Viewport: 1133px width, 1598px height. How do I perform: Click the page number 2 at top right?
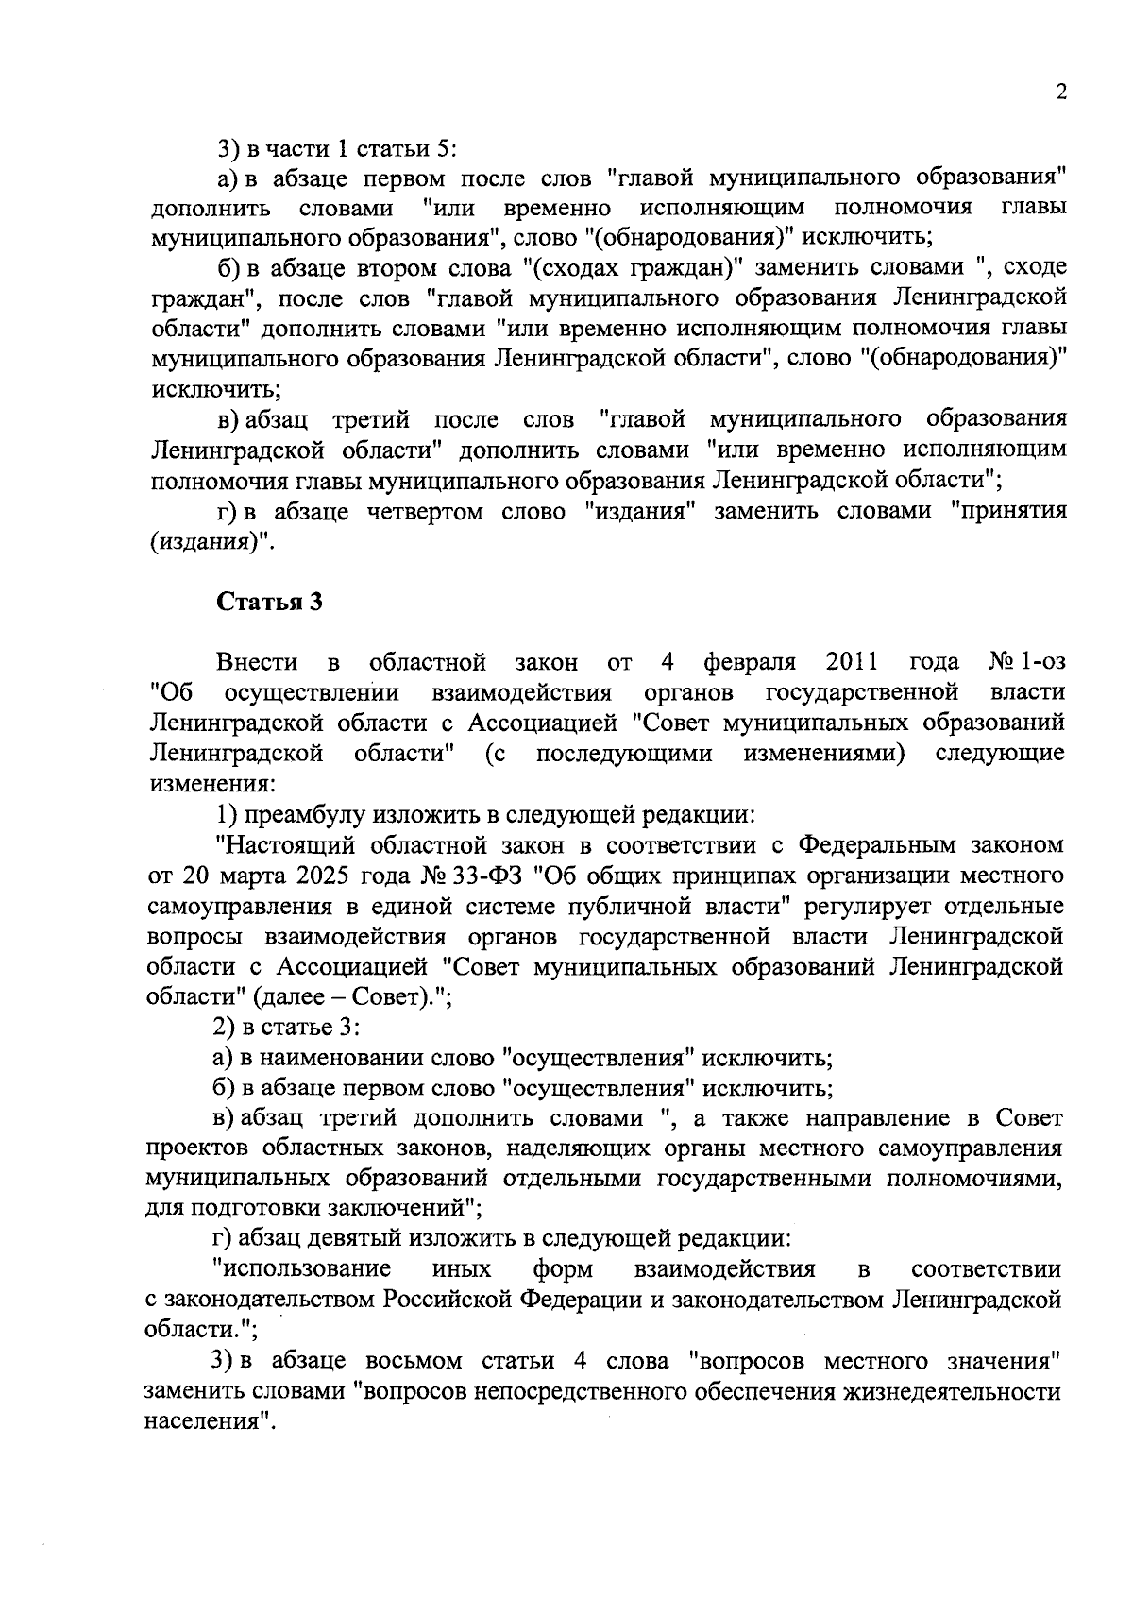coord(1060,93)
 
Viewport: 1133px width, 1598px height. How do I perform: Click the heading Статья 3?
coord(270,603)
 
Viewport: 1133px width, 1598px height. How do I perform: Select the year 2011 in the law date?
coord(852,661)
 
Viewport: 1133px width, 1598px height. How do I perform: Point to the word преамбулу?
coord(303,814)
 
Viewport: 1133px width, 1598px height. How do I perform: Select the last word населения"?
coord(209,1422)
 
